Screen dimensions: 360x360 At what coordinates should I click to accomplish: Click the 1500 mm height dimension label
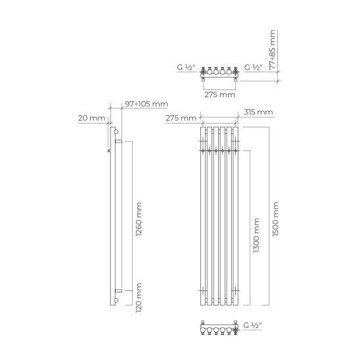[275, 219]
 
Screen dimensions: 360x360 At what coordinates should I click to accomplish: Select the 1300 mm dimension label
[256, 235]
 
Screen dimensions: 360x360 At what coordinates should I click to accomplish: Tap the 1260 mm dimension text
[139, 219]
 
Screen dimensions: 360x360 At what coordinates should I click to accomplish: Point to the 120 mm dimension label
[139, 298]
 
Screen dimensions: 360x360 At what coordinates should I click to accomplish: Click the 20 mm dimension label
[91, 118]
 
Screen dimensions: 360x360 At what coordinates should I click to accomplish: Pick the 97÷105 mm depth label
[146, 104]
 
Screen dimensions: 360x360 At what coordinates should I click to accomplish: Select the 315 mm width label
[258, 112]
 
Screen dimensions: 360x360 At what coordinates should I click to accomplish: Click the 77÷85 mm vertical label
[272, 49]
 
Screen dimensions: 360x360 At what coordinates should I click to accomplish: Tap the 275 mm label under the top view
[219, 95]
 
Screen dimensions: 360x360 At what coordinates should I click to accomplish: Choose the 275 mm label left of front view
[181, 118]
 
